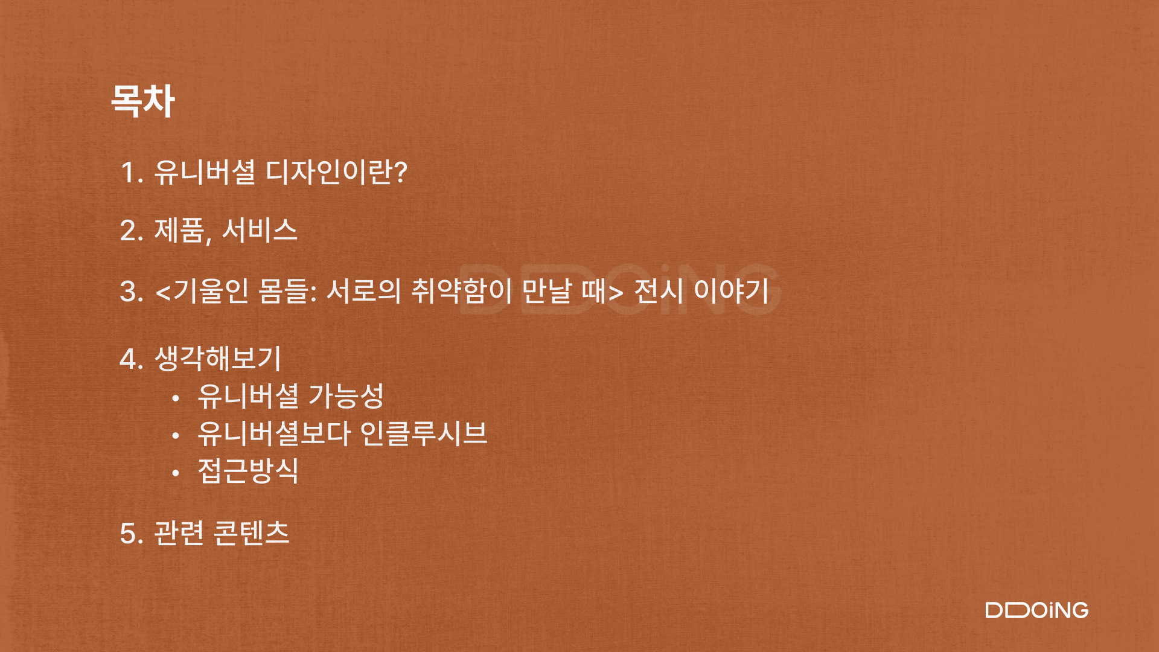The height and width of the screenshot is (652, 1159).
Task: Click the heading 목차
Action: pos(143,100)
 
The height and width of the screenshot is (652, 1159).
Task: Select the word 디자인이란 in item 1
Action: pos(329,172)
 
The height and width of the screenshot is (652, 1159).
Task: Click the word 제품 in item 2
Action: pos(179,230)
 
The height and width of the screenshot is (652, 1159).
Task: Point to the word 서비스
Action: pos(260,230)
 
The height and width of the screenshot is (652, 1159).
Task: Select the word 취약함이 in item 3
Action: pos(462,291)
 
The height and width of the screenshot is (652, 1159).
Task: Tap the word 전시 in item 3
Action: pos(659,291)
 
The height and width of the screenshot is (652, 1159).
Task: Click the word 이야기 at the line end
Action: pos(731,291)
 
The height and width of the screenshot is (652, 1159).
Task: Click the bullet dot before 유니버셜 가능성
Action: pos(176,398)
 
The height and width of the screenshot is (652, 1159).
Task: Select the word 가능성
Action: pos(346,396)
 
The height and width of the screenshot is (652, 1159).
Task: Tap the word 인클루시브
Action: pos(423,433)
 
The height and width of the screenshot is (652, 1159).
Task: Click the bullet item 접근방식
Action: pos(248,471)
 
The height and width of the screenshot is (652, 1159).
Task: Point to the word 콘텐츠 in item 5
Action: pos(252,532)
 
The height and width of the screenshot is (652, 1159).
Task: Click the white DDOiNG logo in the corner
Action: pos(1037,610)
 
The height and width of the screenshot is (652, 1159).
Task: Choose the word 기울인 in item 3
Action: pos(211,291)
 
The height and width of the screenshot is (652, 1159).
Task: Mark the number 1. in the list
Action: pos(132,173)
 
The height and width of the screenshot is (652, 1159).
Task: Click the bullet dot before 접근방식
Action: pos(176,473)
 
